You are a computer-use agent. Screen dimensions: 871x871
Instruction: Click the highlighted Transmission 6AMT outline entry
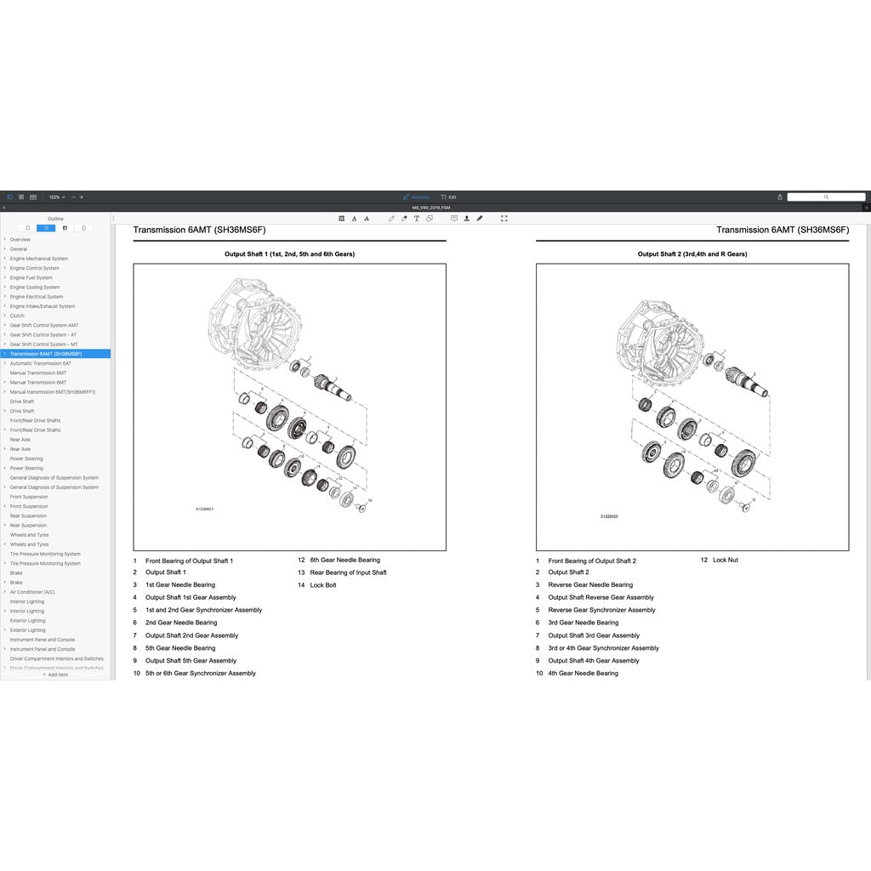coord(46,354)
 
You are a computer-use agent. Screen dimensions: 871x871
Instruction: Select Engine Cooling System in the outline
coord(35,287)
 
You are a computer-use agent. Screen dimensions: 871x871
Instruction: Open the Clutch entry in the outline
coord(17,316)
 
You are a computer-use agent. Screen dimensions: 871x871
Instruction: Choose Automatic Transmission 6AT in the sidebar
coord(41,363)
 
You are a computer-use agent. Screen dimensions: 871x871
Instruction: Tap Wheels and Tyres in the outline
coord(29,535)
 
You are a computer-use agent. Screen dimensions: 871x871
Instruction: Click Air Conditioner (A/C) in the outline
coord(32,592)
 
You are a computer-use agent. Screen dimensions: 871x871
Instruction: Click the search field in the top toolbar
coord(825,196)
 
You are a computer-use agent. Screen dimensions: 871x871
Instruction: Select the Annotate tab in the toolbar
coord(417,196)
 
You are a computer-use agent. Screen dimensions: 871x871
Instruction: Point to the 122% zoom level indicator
coord(55,196)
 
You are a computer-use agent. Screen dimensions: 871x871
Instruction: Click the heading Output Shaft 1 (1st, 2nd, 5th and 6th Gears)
coord(289,254)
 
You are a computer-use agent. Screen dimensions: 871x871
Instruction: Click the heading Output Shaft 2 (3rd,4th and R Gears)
coord(692,254)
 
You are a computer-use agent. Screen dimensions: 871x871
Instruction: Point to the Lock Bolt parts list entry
coord(323,585)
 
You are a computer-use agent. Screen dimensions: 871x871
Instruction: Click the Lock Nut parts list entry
coord(726,560)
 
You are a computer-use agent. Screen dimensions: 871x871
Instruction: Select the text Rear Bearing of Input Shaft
coord(348,572)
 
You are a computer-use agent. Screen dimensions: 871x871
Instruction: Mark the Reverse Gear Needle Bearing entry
coord(590,585)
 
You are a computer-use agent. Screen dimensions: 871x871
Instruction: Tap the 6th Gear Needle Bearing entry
coord(344,560)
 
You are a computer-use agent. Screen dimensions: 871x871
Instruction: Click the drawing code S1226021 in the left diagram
coord(205,510)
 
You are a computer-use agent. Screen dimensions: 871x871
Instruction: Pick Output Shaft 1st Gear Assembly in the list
coord(191,597)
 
